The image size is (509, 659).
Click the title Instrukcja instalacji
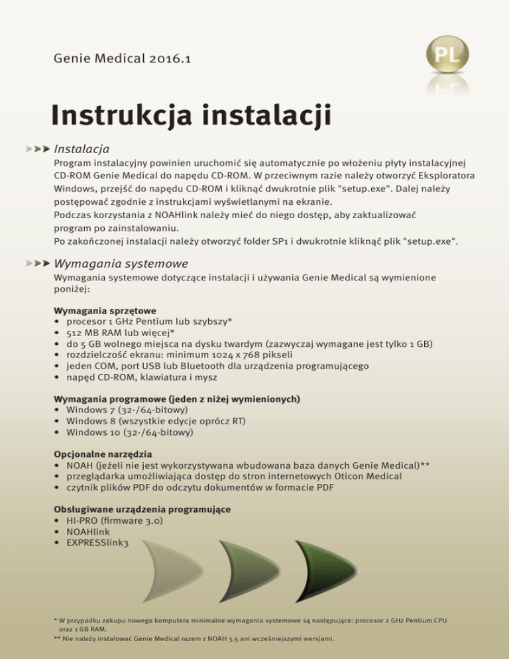pos(191,117)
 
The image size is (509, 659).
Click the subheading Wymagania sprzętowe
pos(104,310)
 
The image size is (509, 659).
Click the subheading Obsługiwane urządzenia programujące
pos(142,510)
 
